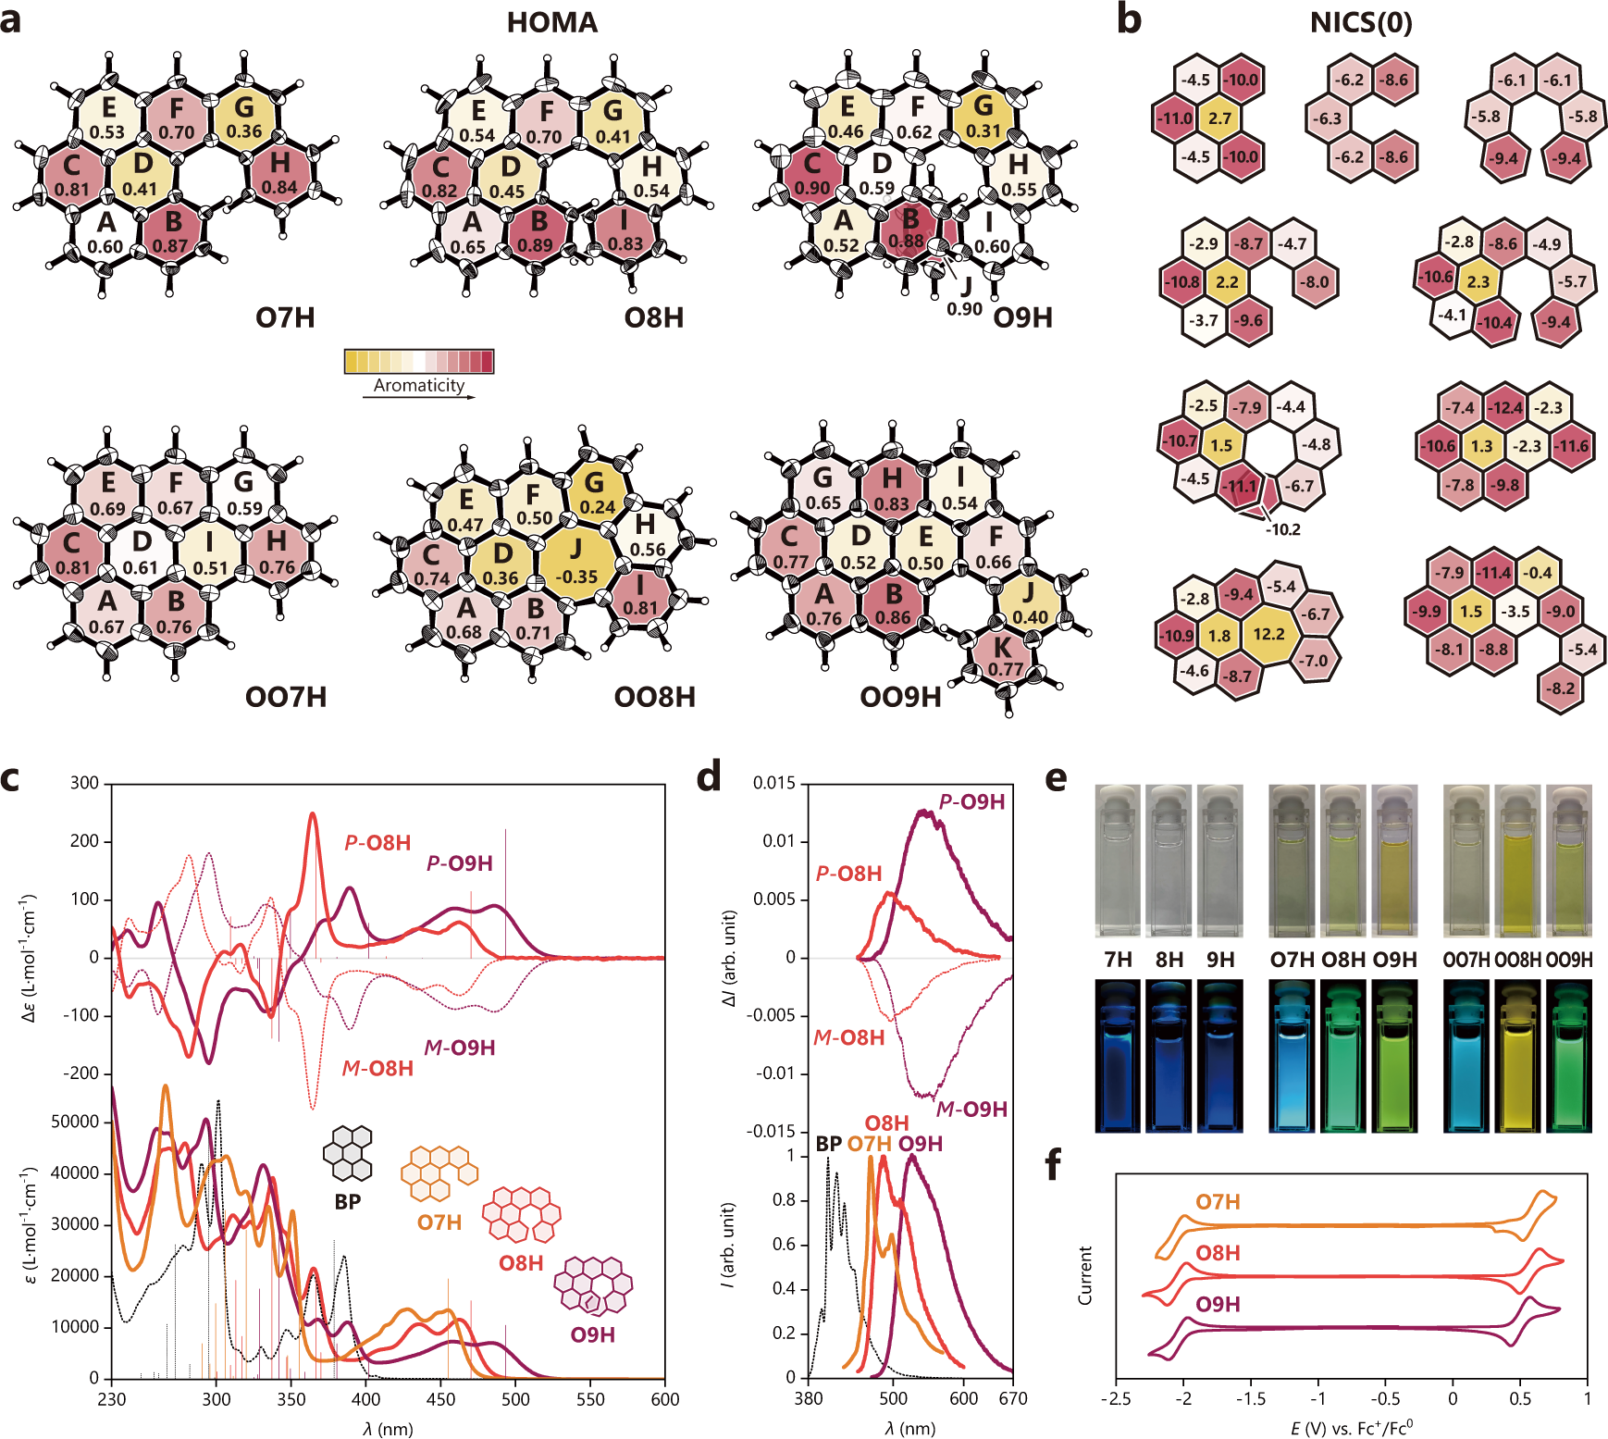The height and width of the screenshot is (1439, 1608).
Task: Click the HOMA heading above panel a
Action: click(x=551, y=22)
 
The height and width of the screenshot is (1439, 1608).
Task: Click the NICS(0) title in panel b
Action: click(x=1360, y=22)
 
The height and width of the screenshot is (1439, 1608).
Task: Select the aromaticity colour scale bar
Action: click(x=418, y=361)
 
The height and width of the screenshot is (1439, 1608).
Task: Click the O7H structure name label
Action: click(x=285, y=317)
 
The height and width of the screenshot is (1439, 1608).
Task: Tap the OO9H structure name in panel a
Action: click(x=899, y=697)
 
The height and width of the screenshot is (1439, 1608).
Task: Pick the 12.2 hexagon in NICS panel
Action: click(x=1268, y=634)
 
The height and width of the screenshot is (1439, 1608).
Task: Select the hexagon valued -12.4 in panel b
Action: click(x=1504, y=407)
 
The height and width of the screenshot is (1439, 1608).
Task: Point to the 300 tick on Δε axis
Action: click(x=84, y=783)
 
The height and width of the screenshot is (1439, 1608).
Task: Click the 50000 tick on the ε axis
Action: click(x=74, y=1122)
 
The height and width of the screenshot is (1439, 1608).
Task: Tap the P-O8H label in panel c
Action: click(x=377, y=843)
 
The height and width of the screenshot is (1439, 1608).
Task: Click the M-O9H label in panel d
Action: click(x=971, y=1109)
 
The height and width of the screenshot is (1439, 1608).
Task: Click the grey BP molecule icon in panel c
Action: click(x=348, y=1153)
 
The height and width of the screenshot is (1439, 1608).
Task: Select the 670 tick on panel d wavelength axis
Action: click(x=1012, y=1398)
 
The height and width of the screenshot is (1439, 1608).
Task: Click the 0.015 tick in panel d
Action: click(x=773, y=783)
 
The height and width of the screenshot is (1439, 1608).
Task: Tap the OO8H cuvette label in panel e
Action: click(x=1517, y=960)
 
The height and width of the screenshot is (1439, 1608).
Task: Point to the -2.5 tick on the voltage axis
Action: click(x=1116, y=1398)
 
